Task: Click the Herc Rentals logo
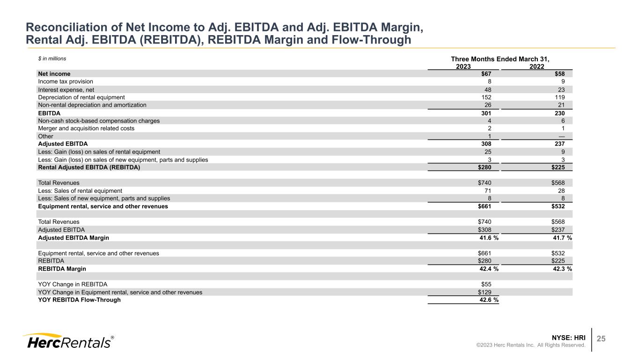click(67, 341)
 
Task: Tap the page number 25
click(601, 338)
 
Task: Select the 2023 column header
click(463, 66)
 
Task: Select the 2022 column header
click(536, 66)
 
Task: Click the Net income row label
click(54, 73)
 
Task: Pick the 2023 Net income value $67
click(486, 73)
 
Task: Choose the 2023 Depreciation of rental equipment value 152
click(485, 97)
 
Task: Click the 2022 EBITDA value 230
click(559, 113)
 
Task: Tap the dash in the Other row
click(561, 136)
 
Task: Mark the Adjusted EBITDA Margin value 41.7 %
click(562, 238)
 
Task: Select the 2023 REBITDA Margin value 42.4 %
click(489, 269)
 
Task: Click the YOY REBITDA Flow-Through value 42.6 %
click(489, 300)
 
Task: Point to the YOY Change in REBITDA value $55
click(486, 284)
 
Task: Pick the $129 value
click(485, 292)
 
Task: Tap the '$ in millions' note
click(52, 59)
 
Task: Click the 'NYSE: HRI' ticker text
click(569, 337)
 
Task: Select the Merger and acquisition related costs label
click(86, 128)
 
